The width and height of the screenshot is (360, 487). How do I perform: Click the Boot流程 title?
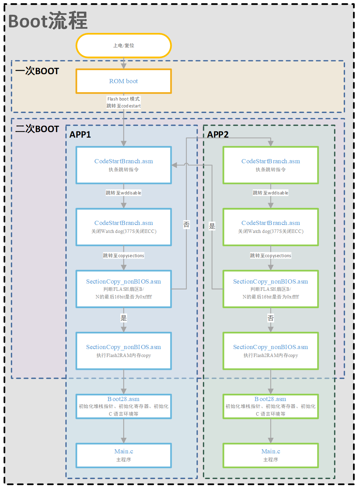[48, 21]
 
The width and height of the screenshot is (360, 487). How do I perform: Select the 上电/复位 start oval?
[123, 45]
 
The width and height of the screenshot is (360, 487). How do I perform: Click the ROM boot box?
[123, 81]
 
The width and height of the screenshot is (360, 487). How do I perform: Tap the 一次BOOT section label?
[37, 71]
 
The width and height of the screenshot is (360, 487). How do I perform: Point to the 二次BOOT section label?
[37, 129]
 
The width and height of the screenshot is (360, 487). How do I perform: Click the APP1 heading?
[80, 134]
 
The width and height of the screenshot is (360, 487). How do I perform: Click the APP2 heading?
[218, 134]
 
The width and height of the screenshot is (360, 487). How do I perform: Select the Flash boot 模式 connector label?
[123, 99]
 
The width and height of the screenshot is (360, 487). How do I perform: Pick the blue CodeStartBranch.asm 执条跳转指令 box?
[123, 165]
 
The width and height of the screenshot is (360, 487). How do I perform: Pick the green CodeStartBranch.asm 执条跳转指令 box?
[271, 165]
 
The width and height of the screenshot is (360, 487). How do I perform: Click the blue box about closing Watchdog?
[123, 227]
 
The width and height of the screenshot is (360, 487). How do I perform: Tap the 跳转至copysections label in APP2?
[271, 255]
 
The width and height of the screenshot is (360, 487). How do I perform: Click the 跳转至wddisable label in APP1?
[123, 193]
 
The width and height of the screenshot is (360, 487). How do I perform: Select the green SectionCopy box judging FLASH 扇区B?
[271, 289]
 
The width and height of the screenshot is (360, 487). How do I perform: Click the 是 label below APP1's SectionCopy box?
[123, 318]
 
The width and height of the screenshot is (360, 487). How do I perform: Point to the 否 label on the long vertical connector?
[186, 225]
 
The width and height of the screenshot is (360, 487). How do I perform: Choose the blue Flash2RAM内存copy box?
[123, 351]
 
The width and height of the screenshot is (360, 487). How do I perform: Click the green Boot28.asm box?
[271, 406]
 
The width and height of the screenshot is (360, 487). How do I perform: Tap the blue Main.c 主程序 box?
[123, 455]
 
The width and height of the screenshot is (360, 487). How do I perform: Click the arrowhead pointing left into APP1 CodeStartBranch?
[174, 165]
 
